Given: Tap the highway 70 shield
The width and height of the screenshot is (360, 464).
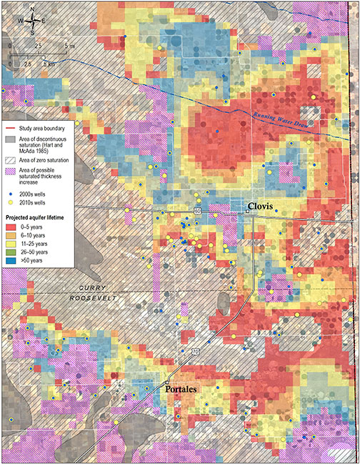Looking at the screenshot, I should click(x=194, y=351).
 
